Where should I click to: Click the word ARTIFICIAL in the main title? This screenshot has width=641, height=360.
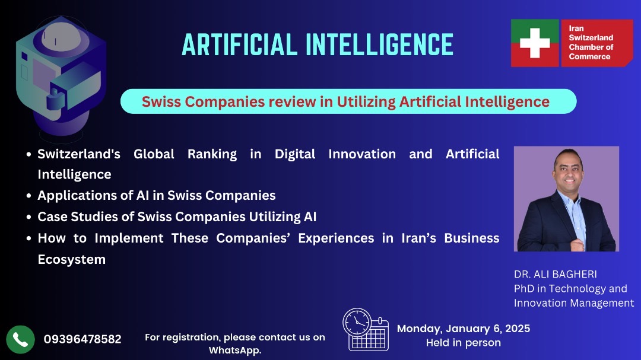coord(239,44)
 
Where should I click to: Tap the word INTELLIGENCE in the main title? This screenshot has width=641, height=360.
coord(380,44)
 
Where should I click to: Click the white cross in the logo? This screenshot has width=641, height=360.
coord(534,43)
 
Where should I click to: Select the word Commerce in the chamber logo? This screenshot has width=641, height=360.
coord(589,56)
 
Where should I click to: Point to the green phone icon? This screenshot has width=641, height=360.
coord(20,340)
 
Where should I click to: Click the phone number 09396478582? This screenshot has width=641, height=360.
coord(82,339)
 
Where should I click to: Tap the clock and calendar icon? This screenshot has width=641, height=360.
coord(366,329)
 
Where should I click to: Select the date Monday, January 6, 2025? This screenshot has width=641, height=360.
coord(464,329)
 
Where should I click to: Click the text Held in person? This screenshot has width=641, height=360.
coord(464,343)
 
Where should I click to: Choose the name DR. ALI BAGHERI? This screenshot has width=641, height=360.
coord(555,274)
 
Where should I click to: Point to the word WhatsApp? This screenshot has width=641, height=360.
coord(235,351)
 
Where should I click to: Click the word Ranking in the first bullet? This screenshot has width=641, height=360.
coord(212,154)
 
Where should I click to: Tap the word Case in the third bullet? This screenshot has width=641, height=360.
coord(52,216)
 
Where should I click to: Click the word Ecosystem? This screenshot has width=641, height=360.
coord(72,260)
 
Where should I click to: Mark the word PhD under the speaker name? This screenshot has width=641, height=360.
coord(523,288)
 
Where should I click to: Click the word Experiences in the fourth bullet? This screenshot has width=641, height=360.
coord(336,238)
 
